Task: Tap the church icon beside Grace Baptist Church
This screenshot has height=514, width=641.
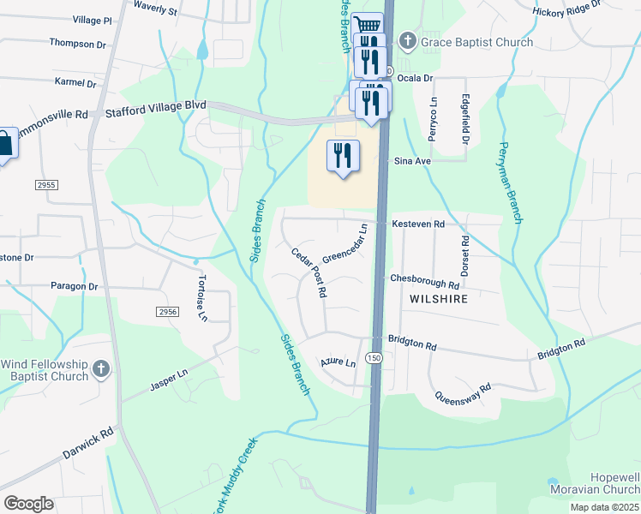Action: pos(408,41)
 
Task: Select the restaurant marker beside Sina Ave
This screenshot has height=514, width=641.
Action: pos(343,156)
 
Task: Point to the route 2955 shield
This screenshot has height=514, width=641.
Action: pos(47,184)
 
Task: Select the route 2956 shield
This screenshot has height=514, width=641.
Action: pos(167,312)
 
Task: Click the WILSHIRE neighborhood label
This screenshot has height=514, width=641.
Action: pos(438,299)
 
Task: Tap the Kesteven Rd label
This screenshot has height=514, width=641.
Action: pos(418,224)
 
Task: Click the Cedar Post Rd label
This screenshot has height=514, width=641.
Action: pos(309,273)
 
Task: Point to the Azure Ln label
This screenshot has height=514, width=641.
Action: pos(338,362)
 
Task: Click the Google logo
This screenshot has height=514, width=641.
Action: pos(28,504)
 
